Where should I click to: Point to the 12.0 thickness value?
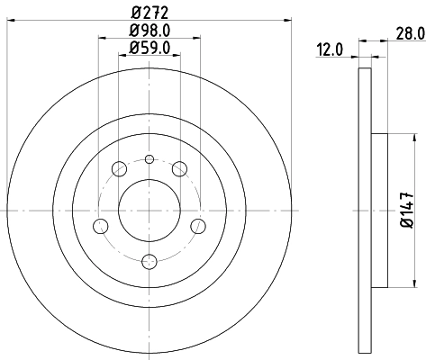(330, 51)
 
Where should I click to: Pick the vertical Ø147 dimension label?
(407, 210)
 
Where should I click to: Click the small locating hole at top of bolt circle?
(150, 159)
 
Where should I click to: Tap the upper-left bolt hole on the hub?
(119, 168)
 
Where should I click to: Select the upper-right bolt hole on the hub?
(180, 168)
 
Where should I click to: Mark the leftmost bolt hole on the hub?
(101, 225)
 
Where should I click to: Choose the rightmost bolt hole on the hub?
(198, 225)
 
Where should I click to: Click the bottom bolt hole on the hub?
(150, 262)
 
